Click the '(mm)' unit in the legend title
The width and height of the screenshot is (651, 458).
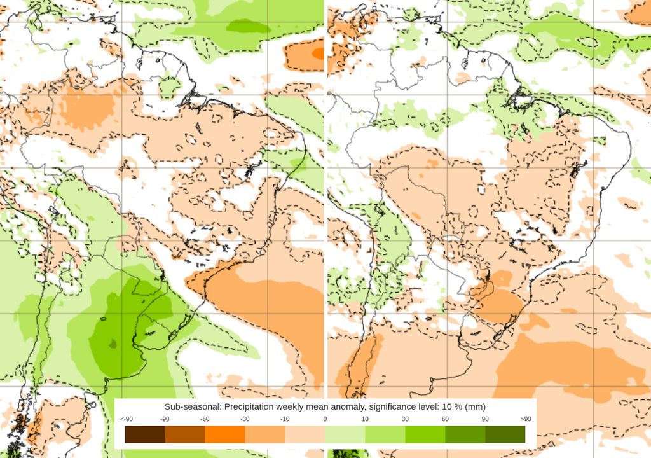(x=474, y=406)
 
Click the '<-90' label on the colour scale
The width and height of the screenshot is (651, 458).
(x=126, y=419)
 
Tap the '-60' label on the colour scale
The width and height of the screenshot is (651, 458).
(x=205, y=419)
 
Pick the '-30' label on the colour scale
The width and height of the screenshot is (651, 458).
(x=245, y=419)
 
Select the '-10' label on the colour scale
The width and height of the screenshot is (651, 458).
(x=285, y=419)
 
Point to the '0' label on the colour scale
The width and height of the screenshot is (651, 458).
(x=325, y=419)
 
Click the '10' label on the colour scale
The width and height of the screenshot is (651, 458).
(x=365, y=419)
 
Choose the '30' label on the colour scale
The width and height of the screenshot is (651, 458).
(x=405, y=419)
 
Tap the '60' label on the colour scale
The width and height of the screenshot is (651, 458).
(x=445, y=419)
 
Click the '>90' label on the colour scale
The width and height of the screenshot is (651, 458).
(x=525, y=419)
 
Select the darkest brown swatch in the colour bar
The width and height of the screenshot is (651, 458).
(x=145, y=434)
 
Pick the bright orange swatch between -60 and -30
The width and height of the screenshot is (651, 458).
(x=225, y=434)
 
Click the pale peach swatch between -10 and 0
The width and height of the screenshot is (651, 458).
(x=305, y=434)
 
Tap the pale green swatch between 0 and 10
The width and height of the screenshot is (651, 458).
(x=345, y=434)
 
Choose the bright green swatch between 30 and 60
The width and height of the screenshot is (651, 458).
(x=425, y=434)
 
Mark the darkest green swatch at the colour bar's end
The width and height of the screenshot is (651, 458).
(x=505, y=434)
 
